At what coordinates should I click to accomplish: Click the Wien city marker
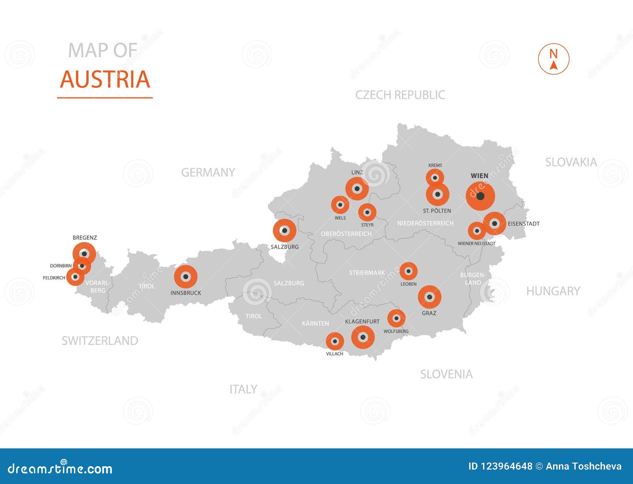coord(480,196)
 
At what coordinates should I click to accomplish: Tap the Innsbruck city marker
coord(186,277)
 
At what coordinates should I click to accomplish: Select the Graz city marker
coord(430,297)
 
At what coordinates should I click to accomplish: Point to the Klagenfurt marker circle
coord(363,337)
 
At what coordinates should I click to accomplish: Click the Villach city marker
coord(335,341)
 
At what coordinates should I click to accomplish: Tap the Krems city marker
coord(435,178)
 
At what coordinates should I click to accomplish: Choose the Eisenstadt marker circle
coord(494,223)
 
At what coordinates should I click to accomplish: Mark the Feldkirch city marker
coord(75,277)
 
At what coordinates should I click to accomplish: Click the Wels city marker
coord(340,205)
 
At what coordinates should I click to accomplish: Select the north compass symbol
coord(553,59)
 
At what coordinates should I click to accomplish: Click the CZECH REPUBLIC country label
coord(400,95)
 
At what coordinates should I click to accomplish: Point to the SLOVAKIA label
coord(571,162)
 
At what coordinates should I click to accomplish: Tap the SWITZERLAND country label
coord(100,341)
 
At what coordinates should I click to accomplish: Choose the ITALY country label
coord(243,389)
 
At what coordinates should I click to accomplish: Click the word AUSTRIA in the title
coord(105,79)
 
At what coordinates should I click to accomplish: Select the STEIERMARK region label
coord(367,273)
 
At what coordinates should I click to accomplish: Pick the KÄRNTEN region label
coord(315,323)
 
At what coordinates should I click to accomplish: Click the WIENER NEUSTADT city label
coord(476,243)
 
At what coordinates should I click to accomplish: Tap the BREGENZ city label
coord(85,237)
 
